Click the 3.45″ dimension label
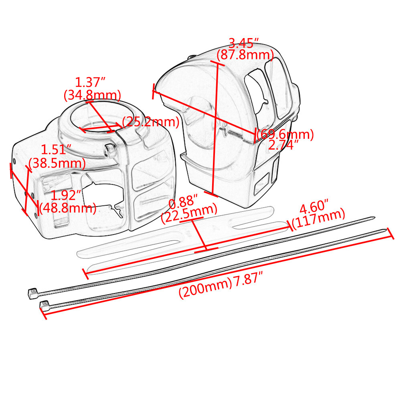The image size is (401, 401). click(243, 43)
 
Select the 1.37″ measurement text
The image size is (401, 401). click(90, 83)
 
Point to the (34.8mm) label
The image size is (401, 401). click(92, 95)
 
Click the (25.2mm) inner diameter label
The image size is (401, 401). click(150, 122)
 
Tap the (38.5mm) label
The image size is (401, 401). click(57, 163)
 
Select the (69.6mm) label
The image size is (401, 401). click(286, 134)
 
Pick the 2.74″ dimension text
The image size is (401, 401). click(282, 146)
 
